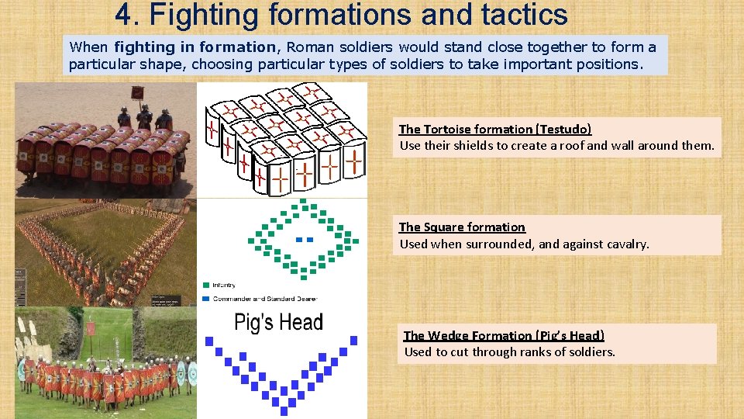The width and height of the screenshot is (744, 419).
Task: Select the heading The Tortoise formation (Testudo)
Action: [495, 129]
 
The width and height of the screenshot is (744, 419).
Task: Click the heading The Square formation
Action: [462, 227]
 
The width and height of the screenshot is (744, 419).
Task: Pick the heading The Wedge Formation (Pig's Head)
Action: [504, 335]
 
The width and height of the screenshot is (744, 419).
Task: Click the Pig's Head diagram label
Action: [278, 322]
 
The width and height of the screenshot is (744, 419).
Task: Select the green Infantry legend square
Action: [205, 285]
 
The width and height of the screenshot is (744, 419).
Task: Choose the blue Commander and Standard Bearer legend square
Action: [205, 298]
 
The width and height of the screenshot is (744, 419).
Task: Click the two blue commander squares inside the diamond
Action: [305, 239]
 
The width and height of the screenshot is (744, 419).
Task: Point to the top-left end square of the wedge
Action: [208, 340]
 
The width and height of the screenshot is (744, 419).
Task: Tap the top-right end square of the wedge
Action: [354, 340]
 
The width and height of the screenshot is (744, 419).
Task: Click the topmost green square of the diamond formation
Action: [304, 202]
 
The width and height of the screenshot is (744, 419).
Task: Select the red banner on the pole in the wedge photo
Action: [91, 330]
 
